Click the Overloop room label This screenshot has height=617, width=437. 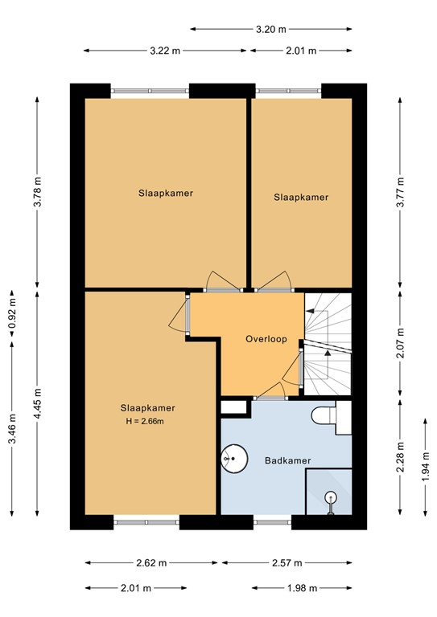266,339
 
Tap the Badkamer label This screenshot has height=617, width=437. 288,460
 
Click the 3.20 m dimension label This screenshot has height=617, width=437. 270,30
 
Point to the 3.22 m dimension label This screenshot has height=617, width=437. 165,50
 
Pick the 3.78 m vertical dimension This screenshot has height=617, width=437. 36,193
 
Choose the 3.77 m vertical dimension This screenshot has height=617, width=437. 400,193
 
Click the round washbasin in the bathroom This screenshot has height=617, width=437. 232,460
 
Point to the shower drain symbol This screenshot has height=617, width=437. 330,498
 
